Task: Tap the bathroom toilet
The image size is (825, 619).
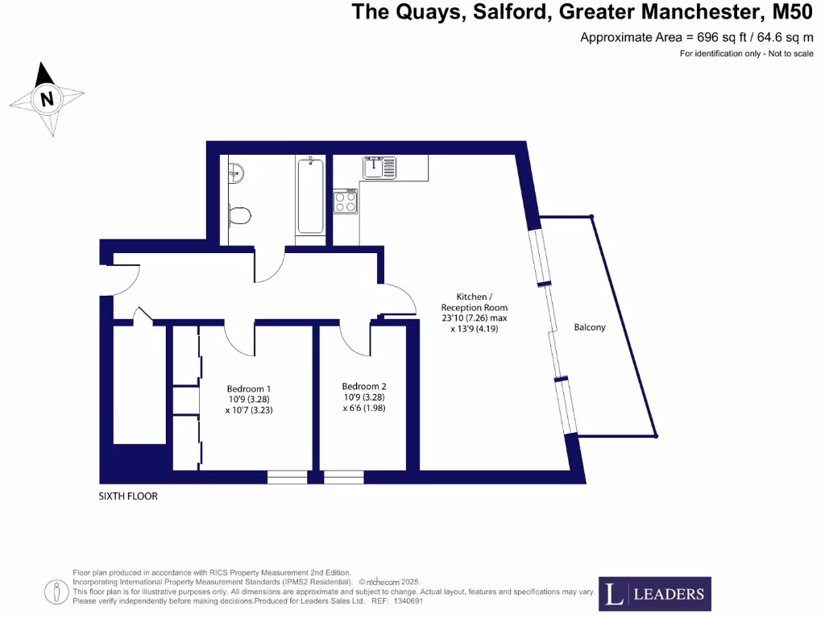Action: tap(239, 215)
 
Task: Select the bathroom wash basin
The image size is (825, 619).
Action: tap(236, 172)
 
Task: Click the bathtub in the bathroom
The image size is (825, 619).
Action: tap(310, 196)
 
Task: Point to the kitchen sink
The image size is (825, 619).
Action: tap(379, 168)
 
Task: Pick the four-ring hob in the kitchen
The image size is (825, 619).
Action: tap(346, 201)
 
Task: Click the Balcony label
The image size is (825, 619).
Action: tap(590, 327)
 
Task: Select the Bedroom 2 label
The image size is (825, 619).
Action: tap(363, 385)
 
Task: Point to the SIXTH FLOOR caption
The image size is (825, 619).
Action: tap(128, 496)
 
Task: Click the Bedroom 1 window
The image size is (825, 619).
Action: tap(287, 477)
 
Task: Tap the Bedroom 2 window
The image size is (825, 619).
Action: tap(344, 477)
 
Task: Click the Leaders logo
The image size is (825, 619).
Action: tap(654, 594)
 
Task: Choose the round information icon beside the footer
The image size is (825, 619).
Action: tap(57, 592)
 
